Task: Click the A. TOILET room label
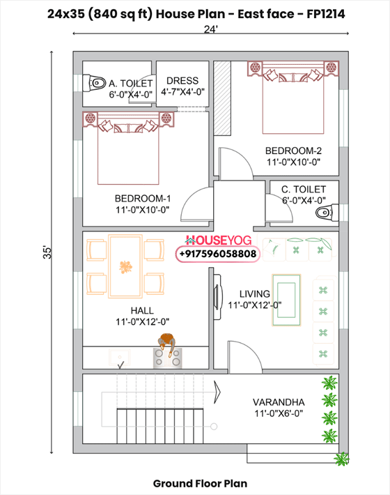coord(130,83)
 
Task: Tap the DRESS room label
coord(183,81)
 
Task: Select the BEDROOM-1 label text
coord(140,197)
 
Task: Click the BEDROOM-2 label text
coord(292,151)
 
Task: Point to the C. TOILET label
coord(303,189)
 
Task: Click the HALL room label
coord(142,310)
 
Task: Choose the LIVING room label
coord(254,294)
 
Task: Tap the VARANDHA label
coord(278,402)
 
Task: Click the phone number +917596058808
coord(217,254)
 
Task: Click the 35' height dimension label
coord(46,252)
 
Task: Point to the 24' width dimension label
coord(210,29)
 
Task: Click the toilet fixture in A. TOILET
coord(95,83)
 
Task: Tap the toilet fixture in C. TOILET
coord(322,212)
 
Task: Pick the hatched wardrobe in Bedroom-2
coord(221,100)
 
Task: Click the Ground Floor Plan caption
coord(199,482)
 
